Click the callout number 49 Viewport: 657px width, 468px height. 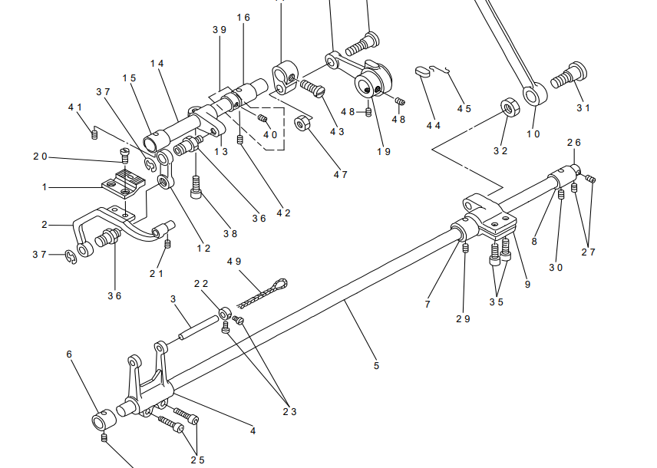[234, 262]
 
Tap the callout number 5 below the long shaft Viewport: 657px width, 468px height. [376, 366]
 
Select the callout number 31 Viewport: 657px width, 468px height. [583, 107]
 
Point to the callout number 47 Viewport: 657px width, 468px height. [340, 174]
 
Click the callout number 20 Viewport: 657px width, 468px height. [40, 157]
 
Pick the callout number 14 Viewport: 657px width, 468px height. [157, 63]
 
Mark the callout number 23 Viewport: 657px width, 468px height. [289, 411]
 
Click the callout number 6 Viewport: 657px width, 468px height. [69, 354]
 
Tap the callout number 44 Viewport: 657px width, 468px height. [433, 126]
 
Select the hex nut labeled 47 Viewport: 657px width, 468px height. [302, 124]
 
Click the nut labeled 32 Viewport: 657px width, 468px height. [508, 105]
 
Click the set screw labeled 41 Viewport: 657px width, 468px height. [95, 134]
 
